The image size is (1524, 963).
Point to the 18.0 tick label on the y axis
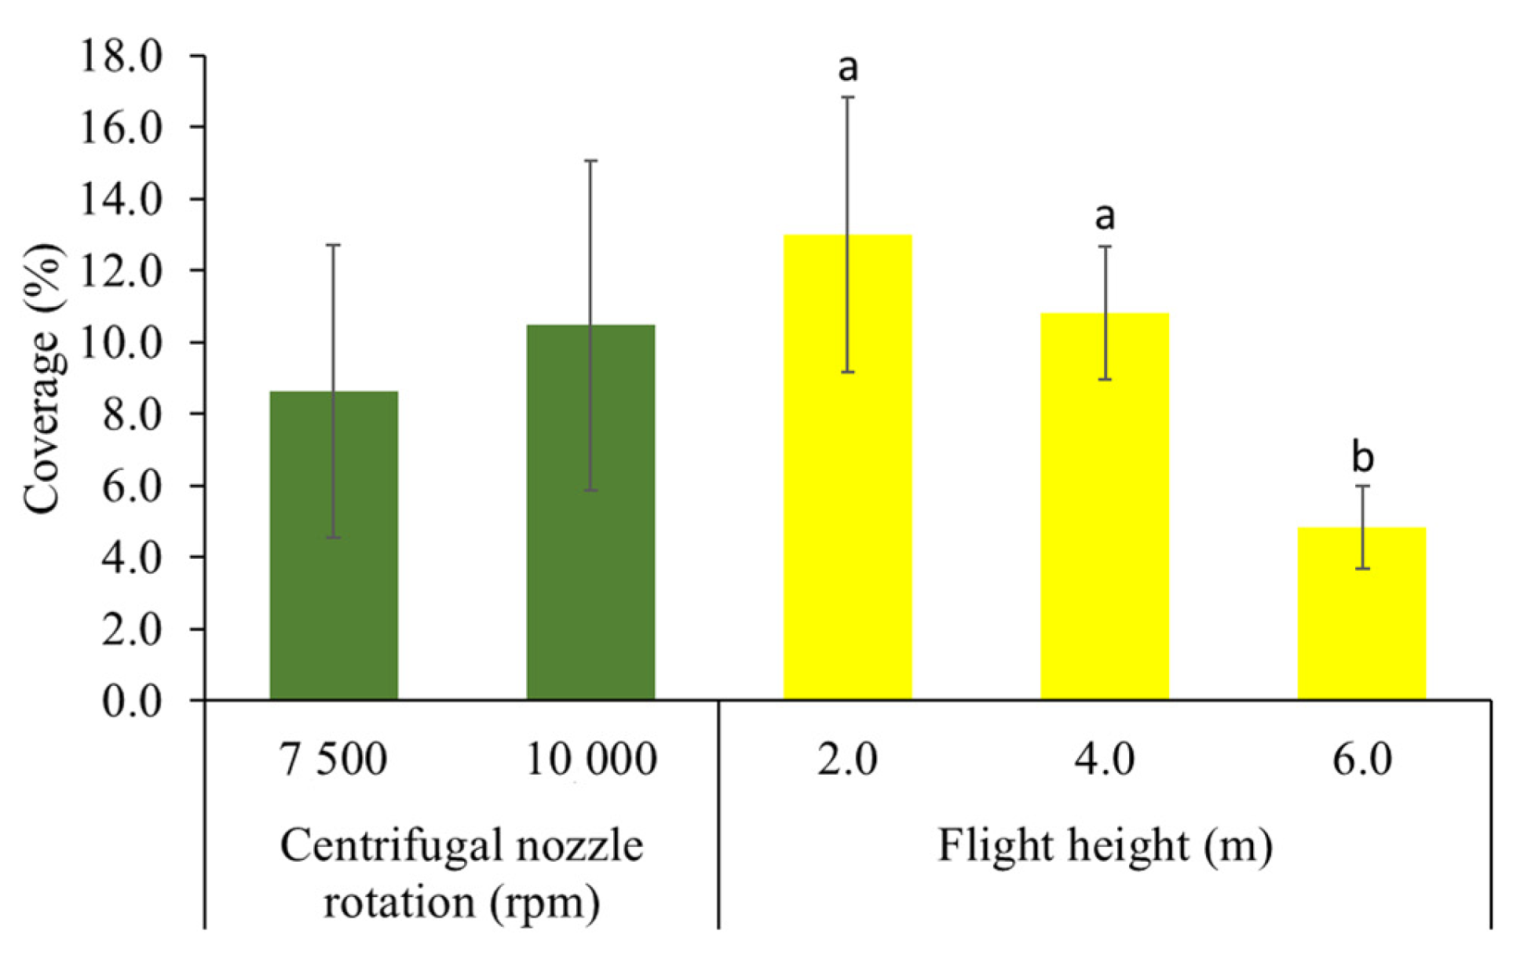click(x=121, y=57)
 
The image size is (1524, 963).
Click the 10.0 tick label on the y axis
click(x=121, y=342)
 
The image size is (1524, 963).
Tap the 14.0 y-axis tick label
click(x=121, y=199)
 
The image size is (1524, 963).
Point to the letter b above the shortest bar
click(x=1362, y=457)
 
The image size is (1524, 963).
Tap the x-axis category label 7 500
click(x=334, y=760)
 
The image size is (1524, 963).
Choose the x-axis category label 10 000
click(x=590, y=760)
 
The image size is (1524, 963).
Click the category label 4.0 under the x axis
click(x=1105, y=760)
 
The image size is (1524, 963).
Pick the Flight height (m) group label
click(x=1105, y=846)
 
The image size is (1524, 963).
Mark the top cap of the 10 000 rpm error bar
click(x=590, y=160)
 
